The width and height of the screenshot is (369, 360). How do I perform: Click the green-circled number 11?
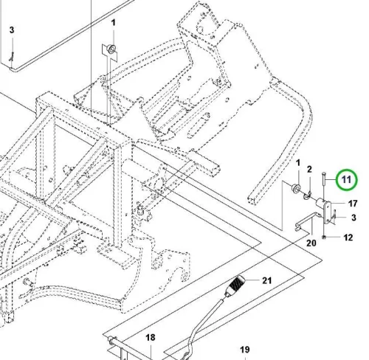(x=346, y=180)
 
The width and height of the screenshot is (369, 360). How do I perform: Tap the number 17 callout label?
(x=353, y=204)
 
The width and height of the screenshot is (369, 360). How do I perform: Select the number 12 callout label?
(x=348, y=238)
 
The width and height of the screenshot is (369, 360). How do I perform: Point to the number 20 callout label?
(x=311, y=243)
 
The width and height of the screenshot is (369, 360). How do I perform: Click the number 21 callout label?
(x=266, y=280)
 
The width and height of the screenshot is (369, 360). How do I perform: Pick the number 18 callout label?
(x=151, y=337)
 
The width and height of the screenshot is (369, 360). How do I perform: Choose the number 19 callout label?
(x=245, y=350)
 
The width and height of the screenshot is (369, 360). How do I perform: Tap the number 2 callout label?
(x=309, y=169)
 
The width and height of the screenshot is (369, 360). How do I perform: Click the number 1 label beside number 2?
(x=298, y=163)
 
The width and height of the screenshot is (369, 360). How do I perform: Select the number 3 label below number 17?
(x=354, y=218)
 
